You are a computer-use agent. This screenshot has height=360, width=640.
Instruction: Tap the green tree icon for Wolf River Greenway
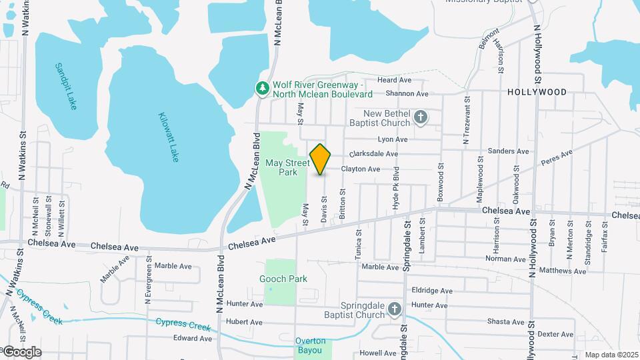pyautogui.click(x=263, y=87)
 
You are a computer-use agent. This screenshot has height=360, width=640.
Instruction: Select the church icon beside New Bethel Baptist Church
pyautogui.click(x=420, y=118)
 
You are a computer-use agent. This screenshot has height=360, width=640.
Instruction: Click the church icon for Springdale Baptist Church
pyautogui.click(x=395, y=309)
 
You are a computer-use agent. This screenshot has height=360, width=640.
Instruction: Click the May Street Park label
pyautogui.click(x=287, y=167)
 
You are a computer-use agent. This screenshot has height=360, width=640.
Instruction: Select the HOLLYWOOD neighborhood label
pyautogui.click(x=537, y=92)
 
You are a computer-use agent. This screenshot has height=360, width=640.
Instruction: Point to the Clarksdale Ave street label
pyautogui.click(x=373, y=154)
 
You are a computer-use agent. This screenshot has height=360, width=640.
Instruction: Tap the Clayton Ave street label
pyautogui.click(x=360, y=169)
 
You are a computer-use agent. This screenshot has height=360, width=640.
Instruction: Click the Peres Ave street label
pyautogui.click(x=557, y=158)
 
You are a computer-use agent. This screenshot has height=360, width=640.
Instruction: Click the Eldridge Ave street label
pyautogui.click(x=432, y=291)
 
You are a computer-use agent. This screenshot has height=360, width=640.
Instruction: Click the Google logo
pyautogui.click(x=21, y=351)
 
